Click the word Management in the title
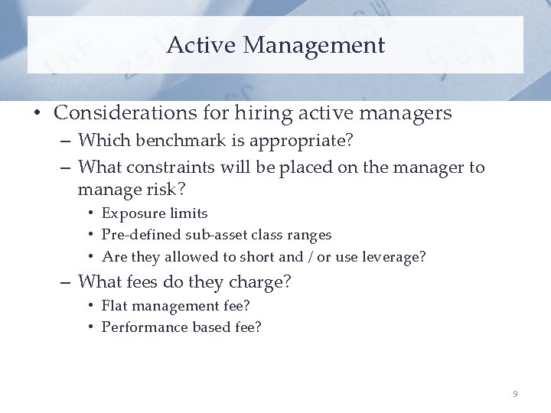click(x=314, y=46)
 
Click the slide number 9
click(x=515, y=394)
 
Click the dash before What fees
click(x=67, y=282)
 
